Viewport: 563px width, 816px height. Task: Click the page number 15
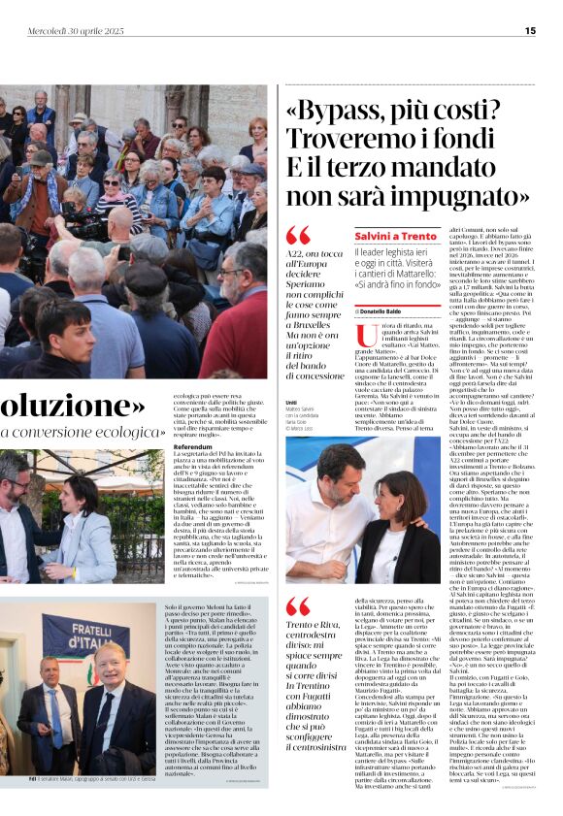click(x=530, y=31)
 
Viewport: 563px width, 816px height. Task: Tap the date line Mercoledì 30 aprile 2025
click(x=76, y=31)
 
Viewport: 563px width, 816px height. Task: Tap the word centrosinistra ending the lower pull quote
click(x=319, y=749)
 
